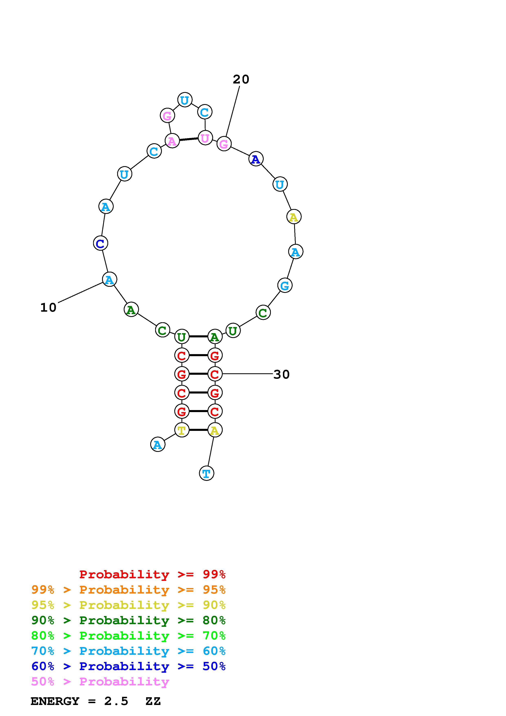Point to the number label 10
(x=48, y=308)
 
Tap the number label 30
(x=281, y=375)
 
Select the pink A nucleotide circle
(x=172, y=141)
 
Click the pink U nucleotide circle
(x=205, y=138)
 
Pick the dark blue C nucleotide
(x=100, y=243)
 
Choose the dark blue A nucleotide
(x=256, y=159)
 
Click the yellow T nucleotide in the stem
(x=182, y=430)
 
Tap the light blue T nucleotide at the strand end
(x=206, y=473)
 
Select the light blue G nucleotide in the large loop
(x=285, y=285)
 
